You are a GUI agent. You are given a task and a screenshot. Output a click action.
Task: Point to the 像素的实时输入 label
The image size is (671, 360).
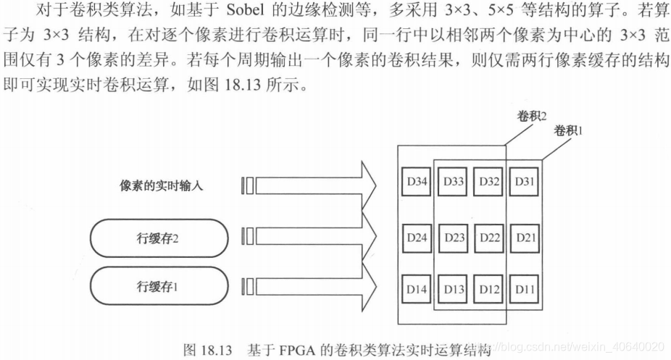tap(162, 186)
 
